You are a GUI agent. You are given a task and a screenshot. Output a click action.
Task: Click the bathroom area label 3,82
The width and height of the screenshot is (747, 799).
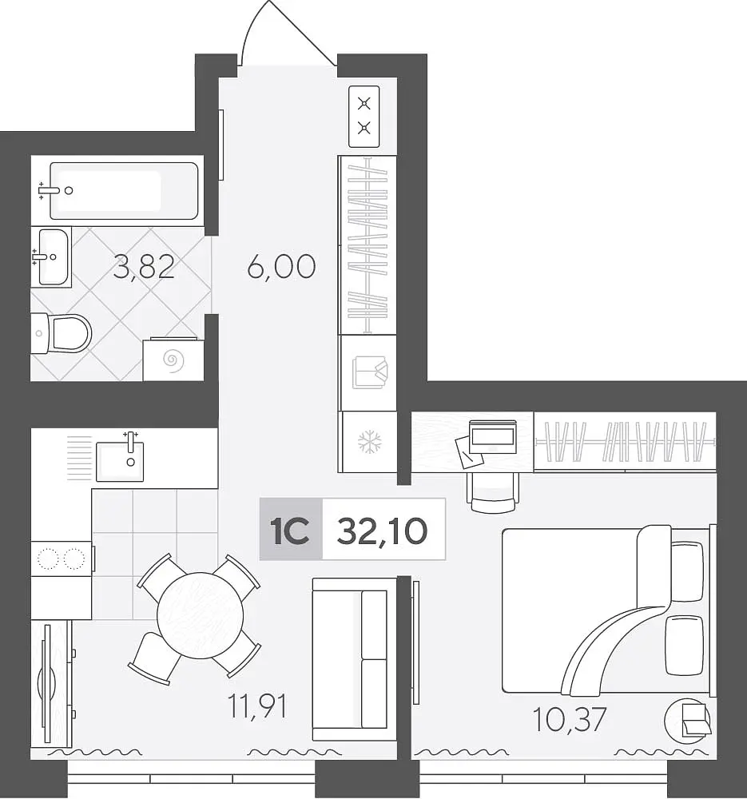point(144,268)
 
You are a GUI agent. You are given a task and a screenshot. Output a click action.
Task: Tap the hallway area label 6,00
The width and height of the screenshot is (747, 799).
point(281,267)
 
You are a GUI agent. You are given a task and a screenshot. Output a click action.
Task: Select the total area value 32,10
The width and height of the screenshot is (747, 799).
point(382,531)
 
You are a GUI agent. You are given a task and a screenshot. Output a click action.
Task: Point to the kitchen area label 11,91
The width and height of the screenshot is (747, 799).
point(258,706)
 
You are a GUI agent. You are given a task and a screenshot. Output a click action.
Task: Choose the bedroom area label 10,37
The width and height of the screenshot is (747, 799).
point(570,719)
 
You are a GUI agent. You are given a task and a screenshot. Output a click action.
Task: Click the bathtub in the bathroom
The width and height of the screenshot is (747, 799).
point(123,191)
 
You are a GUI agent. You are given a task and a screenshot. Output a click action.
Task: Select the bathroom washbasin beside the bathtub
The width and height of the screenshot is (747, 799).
point(53,256)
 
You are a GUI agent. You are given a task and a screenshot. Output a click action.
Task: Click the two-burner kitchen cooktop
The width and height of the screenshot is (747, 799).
point(62,559)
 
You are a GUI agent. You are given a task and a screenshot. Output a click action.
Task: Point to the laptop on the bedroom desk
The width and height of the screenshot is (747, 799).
point(492,437)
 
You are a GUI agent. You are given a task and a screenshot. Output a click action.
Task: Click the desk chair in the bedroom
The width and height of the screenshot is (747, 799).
point(494,491)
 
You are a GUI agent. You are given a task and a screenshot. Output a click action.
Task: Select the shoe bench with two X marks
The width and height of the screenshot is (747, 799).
point(364,117)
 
